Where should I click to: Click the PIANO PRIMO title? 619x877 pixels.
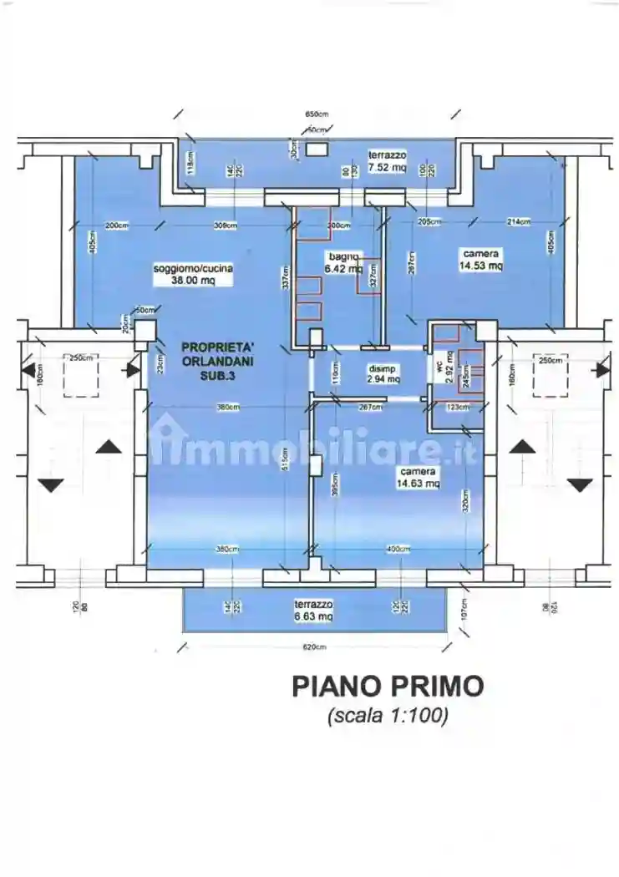click(x=388, y=687)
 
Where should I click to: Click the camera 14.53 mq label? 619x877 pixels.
click(x=480, y=260)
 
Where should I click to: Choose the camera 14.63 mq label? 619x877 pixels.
click(x=418, y=477)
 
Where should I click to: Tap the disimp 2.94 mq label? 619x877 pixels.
click(x=384, y=373)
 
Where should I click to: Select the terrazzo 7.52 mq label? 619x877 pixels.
click(x=388, y=160)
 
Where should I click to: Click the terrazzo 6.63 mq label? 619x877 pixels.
click(x=313, y=610)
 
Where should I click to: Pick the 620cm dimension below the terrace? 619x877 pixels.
click(x=313, y=647)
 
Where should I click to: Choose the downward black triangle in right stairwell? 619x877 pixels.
click(x=580, y=484)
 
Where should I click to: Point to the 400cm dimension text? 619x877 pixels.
click(x=398, y=549)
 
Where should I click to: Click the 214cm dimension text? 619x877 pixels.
click(x=518, y=221)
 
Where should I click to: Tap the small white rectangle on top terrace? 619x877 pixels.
click(x=317, y=149)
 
